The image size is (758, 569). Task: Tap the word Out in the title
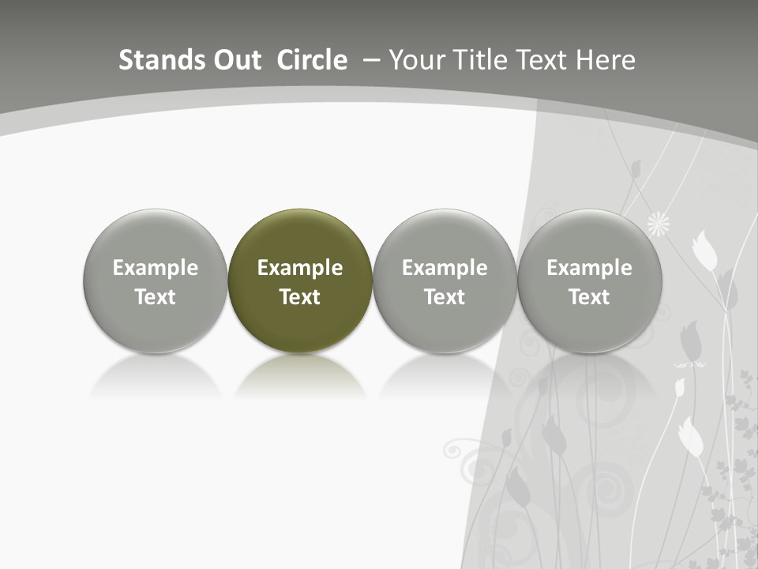[x=235, y=60]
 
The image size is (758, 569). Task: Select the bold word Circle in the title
[x=312, y=60]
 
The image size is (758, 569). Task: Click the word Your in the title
[x=416, y=60]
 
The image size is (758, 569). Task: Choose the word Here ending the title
[x=606, y=60]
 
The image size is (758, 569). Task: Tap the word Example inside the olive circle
[x=300, y=268]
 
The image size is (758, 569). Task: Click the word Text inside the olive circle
[x=300, y=297]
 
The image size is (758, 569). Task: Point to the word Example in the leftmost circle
[x=155, y=268]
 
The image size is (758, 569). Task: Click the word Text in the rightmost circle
[x=589, y=297]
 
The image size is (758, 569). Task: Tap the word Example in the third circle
[x=445, y=268]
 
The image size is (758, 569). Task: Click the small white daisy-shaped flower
[x=659, y=225]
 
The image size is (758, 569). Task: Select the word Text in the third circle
[x=445, y=297]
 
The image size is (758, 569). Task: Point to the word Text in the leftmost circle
[x=155, y=297]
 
